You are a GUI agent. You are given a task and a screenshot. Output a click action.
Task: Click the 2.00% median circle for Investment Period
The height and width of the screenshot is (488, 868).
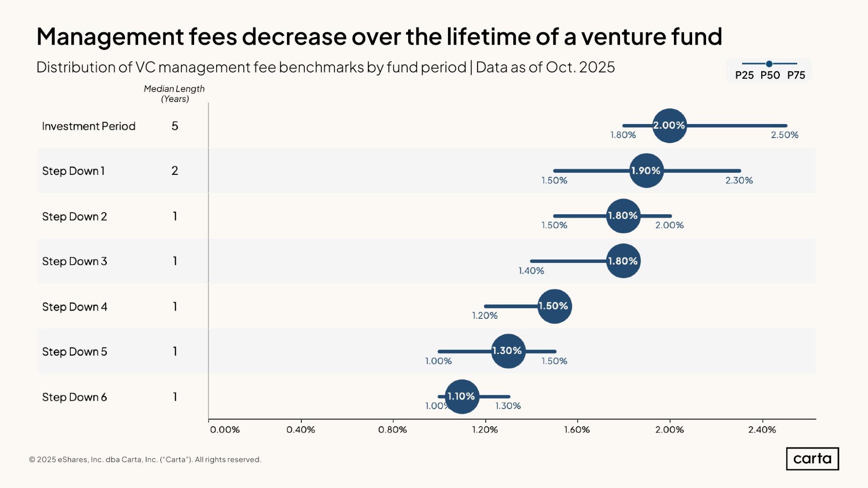[669, 126]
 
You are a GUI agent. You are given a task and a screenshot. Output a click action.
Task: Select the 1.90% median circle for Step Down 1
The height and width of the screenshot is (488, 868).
[646, 170]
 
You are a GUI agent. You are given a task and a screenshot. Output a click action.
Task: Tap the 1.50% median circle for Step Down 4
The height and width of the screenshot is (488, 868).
[554, 306]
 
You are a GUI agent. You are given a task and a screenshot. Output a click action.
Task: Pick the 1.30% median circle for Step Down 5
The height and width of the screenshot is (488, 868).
[508, 351]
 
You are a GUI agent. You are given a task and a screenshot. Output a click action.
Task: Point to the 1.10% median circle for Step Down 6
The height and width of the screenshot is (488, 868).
[462, 396]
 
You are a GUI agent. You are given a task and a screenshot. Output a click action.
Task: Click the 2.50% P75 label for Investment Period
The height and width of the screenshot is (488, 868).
[784, 135]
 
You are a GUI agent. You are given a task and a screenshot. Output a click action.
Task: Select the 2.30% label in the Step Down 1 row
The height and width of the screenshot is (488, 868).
[739, 180]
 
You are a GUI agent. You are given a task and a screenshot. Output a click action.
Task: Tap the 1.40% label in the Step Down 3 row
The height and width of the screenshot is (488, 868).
[531, 271]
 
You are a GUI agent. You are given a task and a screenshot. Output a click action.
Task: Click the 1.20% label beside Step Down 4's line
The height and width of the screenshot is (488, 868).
[485, 316]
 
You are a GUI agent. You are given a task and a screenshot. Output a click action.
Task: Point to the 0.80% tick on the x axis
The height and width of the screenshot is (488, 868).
[393, 429]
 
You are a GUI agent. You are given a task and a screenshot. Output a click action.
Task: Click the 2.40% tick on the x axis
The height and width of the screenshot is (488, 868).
[762, 429]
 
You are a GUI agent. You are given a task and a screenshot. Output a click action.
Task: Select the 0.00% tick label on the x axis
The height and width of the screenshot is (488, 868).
[224, 429]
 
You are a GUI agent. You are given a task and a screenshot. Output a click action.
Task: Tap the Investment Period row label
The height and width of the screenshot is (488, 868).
[89, 126]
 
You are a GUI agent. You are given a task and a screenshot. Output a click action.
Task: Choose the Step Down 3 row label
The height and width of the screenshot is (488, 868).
[74, 261]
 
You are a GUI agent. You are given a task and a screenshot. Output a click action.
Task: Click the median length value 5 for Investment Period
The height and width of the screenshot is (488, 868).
[175, 126]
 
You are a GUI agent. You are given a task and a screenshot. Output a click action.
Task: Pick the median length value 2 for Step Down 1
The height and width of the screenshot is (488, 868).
[175, 171]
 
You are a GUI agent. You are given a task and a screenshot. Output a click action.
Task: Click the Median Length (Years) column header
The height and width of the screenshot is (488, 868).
[174, 94]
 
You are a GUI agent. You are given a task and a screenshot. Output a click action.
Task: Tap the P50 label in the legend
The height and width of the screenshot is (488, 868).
[770, 75]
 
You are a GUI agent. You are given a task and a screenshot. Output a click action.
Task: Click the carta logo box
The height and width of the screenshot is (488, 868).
[812, 459]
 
